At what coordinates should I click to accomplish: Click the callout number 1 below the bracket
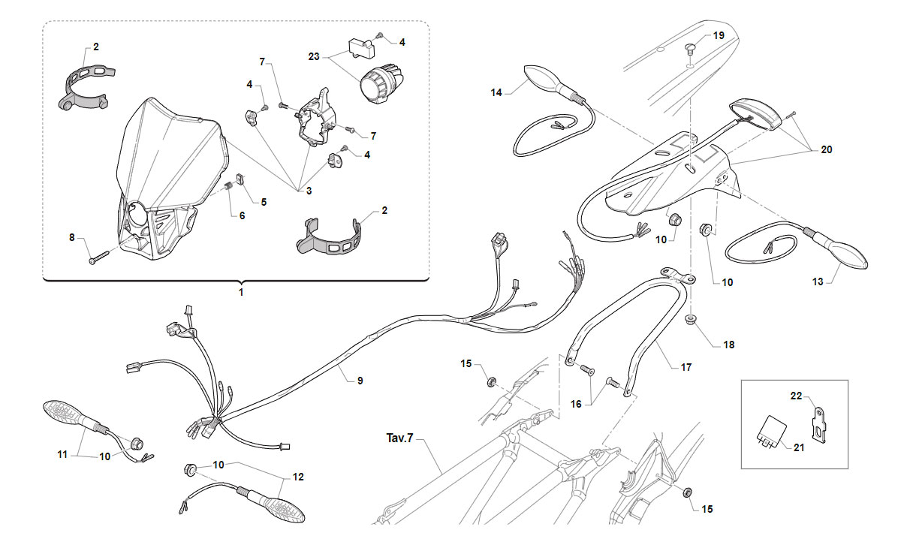coord(241,292)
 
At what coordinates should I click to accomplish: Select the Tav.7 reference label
coord(400,438)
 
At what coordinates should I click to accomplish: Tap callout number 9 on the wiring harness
coord(360,381)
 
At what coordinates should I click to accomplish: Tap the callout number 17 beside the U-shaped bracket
coord(686,367)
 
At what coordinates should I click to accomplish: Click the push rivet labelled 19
coord(691,50)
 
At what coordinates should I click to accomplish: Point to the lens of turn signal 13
coord(847,257)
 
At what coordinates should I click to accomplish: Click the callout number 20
coord(827,149)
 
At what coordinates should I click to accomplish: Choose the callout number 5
coord(264,202)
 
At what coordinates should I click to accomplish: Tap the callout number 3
coord(309,191)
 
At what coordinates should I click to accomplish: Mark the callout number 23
coord(314,57)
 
